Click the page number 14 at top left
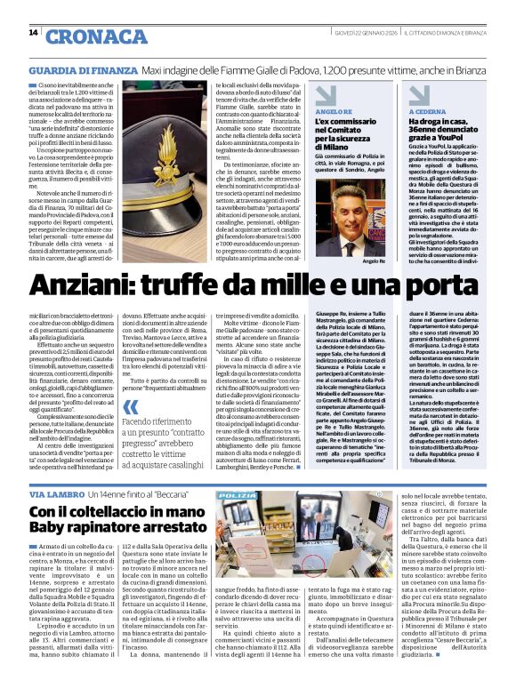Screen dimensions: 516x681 click(33, 34)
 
